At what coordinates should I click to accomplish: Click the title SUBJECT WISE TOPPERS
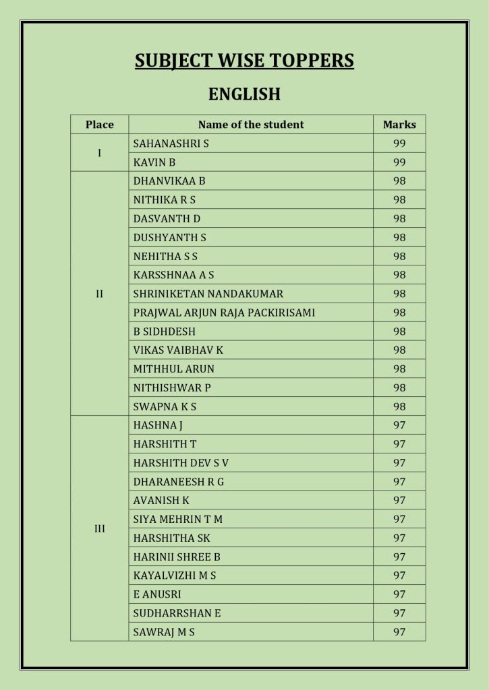[244, 61]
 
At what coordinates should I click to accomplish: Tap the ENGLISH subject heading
[244, 94]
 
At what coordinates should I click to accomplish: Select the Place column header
[100, 125]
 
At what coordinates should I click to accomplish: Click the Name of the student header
[251, 125]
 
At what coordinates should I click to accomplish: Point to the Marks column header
[399, 125]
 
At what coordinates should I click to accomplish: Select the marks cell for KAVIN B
[399, 162]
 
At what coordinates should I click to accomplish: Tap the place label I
[100, 153]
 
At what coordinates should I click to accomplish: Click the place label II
[100, 294]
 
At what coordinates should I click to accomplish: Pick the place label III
[100, 529]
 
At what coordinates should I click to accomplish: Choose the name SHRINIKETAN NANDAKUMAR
[208, 294]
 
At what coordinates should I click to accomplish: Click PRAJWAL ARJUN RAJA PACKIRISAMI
[224, 313]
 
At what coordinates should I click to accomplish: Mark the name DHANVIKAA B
[169, 181]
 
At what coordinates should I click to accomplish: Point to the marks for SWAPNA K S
[399, 406]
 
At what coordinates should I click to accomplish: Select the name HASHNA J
[158, 425]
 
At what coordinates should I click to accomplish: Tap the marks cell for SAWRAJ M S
[399, 632]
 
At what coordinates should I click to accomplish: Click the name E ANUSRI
[157, 594]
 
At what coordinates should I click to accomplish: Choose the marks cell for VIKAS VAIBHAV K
[399, 350]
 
